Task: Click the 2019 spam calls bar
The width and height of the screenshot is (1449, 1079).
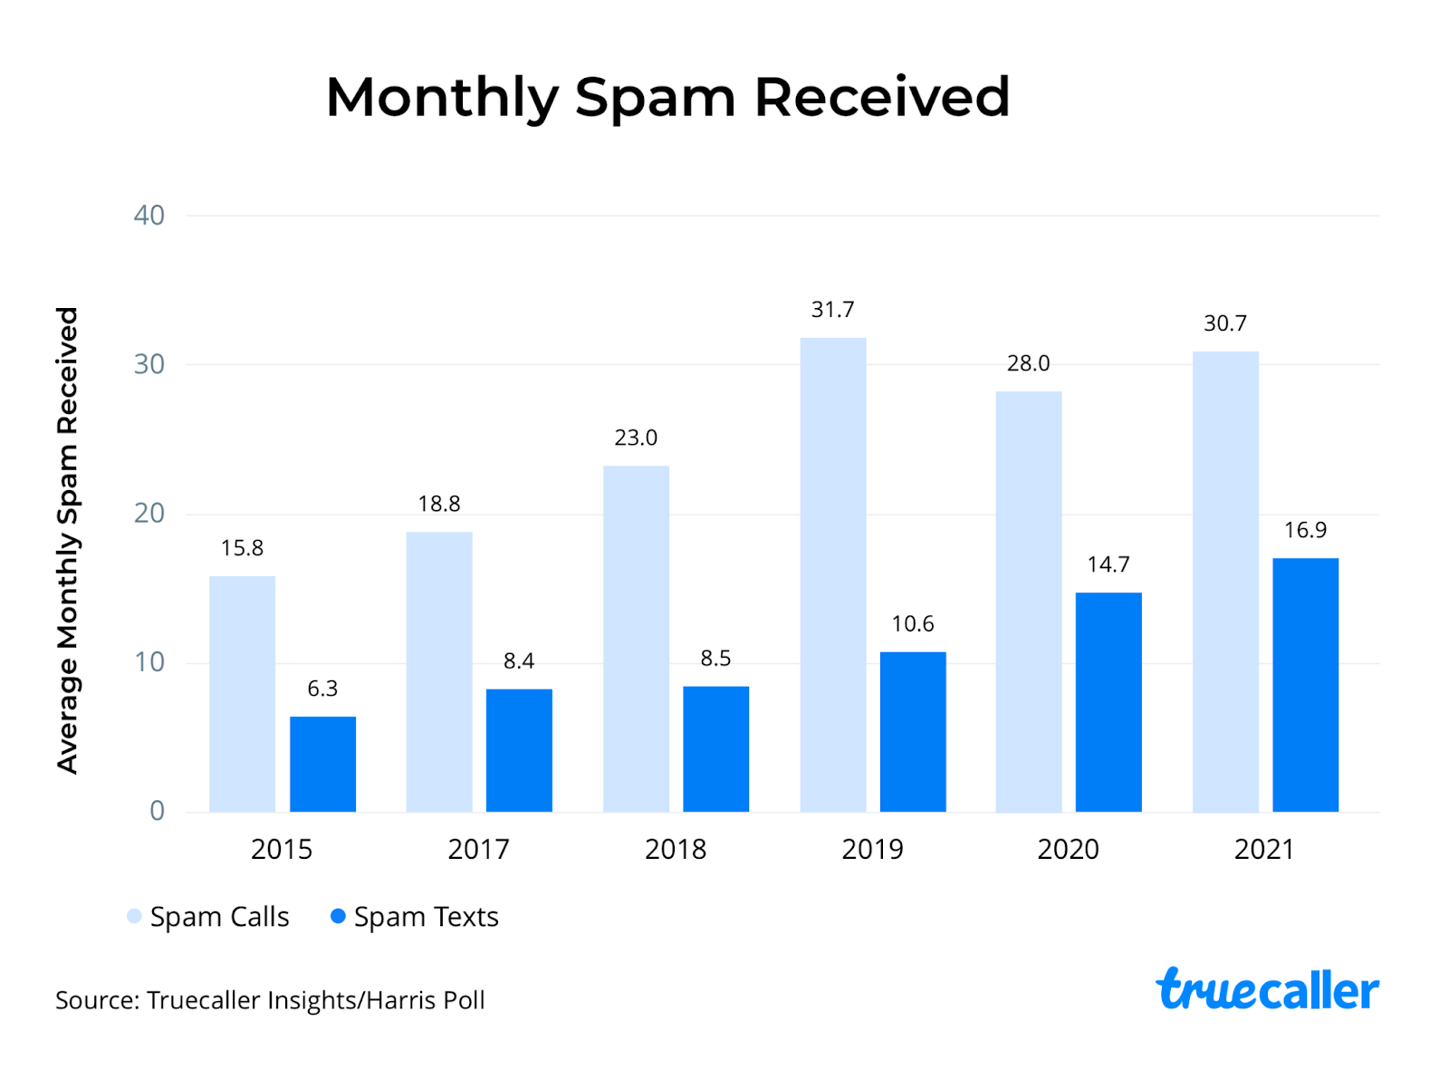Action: click(832, 574)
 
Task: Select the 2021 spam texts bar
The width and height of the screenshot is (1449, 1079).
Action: click(1305, 685)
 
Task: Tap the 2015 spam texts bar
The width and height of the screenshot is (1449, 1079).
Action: click(322, 764)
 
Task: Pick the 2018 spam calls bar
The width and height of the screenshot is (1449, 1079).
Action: click(636, 639)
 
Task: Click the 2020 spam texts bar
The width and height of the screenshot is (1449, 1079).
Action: click(1108, 702)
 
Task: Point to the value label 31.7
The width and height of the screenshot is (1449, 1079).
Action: click(832, 310)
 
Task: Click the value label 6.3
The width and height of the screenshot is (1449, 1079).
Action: click(322, 689)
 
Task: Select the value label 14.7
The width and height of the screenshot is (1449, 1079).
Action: click(1108, 564)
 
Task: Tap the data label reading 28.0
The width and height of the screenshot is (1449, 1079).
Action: click(1028, 363)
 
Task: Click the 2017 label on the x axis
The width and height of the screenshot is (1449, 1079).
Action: click(478, 849)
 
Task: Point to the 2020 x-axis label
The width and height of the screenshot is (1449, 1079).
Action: click(1068, 849)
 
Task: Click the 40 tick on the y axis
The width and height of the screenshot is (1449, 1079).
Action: click(149, 216)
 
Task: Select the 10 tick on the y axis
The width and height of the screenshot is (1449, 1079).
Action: click(149, 662)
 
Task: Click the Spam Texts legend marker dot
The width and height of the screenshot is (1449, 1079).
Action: click(338, 916)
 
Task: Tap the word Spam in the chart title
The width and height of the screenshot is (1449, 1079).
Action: click(654, 98)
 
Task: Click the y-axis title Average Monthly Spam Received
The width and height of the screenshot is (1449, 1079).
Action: click(68, 540)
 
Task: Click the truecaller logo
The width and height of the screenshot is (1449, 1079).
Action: click(1267, 989)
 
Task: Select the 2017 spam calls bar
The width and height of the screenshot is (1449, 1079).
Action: click(439, 671)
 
